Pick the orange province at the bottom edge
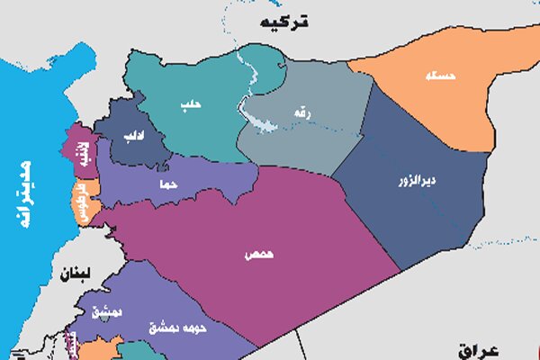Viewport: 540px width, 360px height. tap(99, 349)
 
